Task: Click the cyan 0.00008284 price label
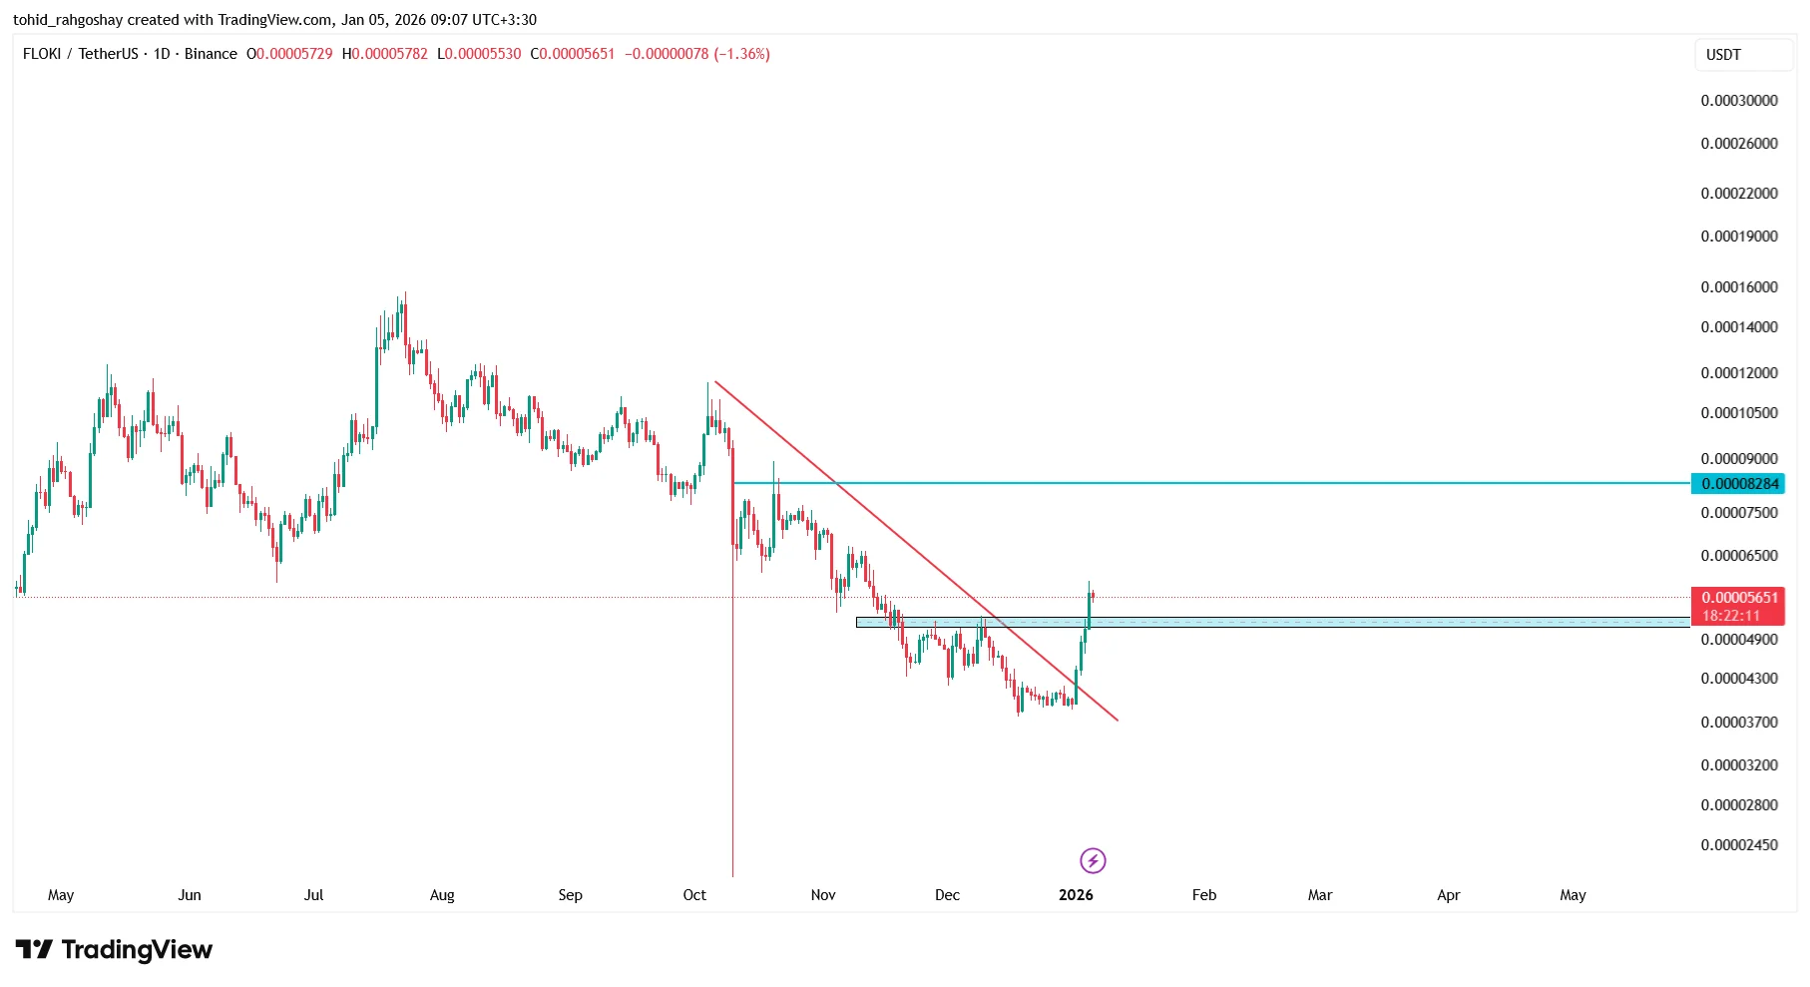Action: (x=1739, y=484)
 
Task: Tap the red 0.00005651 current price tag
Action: (x=1739, y=598)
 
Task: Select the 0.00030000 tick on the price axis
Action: (x=1739, y=101)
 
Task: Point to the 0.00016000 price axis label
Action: (x=1739, y=287)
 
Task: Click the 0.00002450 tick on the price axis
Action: (x=1739, y=845)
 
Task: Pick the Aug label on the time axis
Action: (x=442, y=895)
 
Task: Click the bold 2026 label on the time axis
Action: (x=1076, y=895)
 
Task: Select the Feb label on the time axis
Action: (x=1204, y=895)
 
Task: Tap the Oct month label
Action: (x=694, y=895)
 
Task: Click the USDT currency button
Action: (x=1723, y=55)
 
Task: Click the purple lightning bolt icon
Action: (x=1093, y=860)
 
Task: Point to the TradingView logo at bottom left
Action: (x=114, y=949)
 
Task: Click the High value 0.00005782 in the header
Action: (x=389, y=54)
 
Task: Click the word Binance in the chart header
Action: (x=211, y=54)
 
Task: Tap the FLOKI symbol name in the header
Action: (x=42, y=54)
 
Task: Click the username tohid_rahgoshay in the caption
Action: (x=68, y=20)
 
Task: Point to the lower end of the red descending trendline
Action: (x=1117, y=719)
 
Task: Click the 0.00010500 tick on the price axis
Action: (x=1739, y=413)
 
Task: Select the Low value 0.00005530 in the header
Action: (x=483, y=54)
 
